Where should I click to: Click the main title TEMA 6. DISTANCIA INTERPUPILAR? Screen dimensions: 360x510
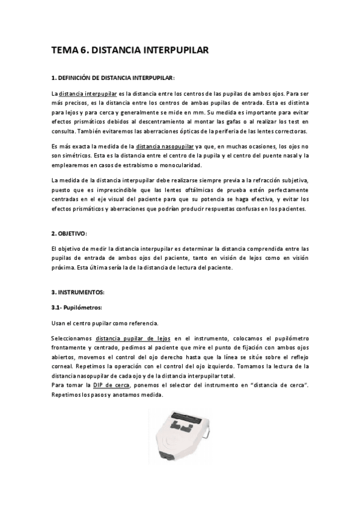pos(129,52)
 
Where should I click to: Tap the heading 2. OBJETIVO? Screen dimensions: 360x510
pos(69,233)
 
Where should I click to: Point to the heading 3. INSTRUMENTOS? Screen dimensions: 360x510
pos(78,292)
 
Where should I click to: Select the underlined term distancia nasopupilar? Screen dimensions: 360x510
pos(165,147)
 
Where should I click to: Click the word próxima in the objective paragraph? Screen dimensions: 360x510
pos(65,268)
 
